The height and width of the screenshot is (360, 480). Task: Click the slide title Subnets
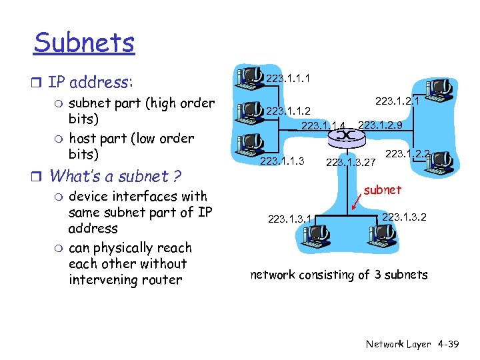(x=84, y=43)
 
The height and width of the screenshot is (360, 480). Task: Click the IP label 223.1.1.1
(x=287, y=79)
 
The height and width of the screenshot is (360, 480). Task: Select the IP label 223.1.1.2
(x=287, y=111)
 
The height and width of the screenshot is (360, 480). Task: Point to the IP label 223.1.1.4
(x=323, y=126)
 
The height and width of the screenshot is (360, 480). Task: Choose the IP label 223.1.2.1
(x=397, y=101)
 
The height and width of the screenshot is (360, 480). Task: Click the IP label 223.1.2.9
(x=380, y=125)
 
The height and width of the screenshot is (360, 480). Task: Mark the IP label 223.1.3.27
(x=351, y=161)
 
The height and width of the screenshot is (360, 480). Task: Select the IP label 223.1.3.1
(x=290, y=217)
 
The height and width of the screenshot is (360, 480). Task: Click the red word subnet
(x=383, y=190)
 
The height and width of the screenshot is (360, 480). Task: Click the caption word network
(x=273, y=275)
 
